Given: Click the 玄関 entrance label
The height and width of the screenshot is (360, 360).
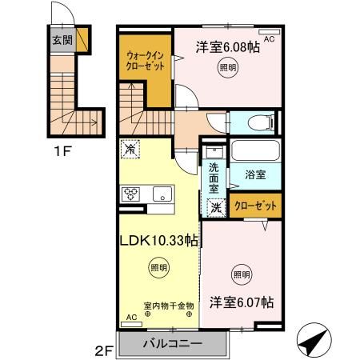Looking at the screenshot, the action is click(62, 40).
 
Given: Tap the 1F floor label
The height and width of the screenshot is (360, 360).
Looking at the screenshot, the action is click(62, 151).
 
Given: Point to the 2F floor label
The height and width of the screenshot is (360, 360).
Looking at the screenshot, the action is click(104, 350).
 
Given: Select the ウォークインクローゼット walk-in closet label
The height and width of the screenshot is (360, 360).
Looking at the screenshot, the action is click(145, 61).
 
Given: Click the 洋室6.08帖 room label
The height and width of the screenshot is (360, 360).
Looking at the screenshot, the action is click(228, 47).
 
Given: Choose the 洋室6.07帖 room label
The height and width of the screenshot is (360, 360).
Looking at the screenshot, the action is click(242, 302).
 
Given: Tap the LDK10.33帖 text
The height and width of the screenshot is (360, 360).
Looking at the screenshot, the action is click(159, 241).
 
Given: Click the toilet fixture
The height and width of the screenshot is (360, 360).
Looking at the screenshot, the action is click(261, 123).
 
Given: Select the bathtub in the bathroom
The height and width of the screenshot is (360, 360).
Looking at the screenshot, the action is click(256, 150).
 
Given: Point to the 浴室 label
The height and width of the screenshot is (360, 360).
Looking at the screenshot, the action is click(255, 175).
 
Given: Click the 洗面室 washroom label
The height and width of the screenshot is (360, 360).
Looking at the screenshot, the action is click(214, 178).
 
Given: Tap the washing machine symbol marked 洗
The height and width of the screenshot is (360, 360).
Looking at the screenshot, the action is click(216, 208).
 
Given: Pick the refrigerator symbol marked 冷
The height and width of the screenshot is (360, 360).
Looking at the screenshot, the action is click(130, 150).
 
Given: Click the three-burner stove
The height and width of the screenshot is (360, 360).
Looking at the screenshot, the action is click(130, 194).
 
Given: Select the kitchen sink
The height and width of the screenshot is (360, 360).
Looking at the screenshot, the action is click(162, 194).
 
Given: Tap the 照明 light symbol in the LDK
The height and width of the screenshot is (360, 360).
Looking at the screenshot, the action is click(159, 267).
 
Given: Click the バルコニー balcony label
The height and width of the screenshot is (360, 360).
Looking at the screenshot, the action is click(172, 343).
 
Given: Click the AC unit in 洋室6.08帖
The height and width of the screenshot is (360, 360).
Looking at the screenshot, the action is click(270, 32).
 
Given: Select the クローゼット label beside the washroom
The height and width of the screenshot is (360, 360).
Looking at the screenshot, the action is click(255, 206).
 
